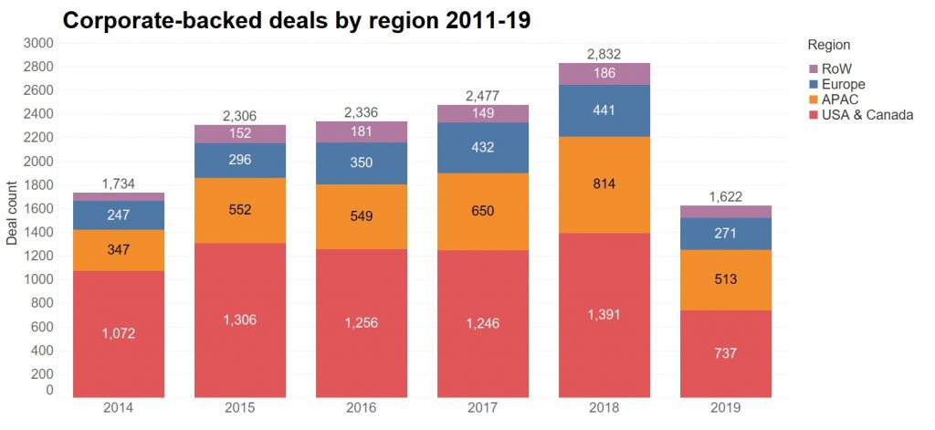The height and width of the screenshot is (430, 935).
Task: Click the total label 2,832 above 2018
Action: click(604, 54)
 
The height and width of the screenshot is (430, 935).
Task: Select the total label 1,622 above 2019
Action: click(725, 196)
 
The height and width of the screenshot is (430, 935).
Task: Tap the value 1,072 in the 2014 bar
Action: click(119, 334)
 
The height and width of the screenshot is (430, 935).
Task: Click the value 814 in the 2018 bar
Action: click(604, 184)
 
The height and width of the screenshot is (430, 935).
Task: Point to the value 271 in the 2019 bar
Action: click(725, 233)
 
